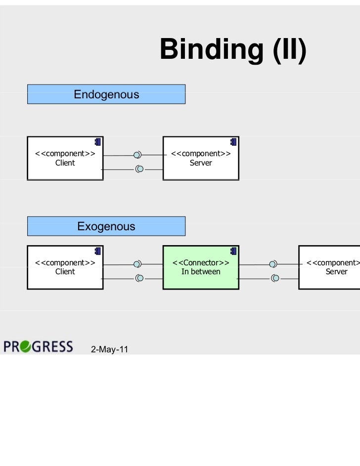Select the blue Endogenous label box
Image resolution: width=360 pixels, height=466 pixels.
coord(106,94)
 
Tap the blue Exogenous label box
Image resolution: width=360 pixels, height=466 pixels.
coord(106,226)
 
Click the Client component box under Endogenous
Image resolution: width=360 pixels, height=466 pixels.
coord(65,158)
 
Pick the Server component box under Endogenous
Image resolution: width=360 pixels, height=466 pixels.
coord(201,158)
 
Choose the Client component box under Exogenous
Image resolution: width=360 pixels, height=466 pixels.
coord(65,267)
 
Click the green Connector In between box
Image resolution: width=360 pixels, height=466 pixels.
coord(201,267)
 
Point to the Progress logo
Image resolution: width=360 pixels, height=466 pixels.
coord(38,346)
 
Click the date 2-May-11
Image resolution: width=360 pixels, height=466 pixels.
coord(109,349)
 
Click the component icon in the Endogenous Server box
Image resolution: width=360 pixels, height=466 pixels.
coord(233,142)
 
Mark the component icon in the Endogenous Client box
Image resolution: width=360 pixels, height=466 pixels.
coord(98,142)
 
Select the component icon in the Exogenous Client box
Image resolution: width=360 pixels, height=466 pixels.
coord(98,251)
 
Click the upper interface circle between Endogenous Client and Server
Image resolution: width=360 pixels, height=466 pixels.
coord(137,155)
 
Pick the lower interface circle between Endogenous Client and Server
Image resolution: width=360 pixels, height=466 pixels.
coord(140,169)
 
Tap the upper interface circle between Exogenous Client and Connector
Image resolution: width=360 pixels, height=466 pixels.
coord(137,264)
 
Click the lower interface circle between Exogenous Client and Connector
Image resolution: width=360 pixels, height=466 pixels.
coord(140,278)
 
